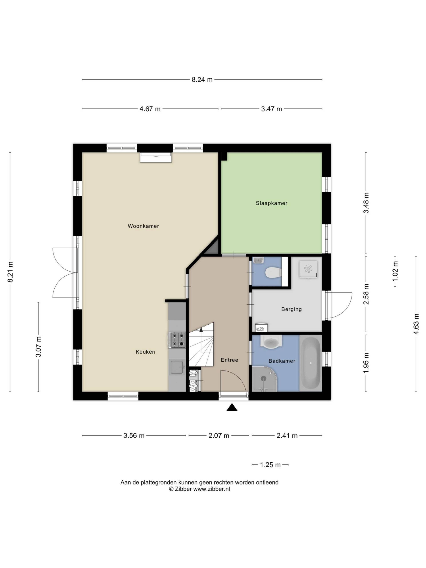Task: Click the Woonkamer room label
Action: [x=143, y=226]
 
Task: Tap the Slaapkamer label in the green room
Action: [x=271, y=203]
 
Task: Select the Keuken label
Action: [x=145, y=352]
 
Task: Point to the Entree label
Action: [x=229, y=360]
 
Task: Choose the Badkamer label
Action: [x=282, y=361]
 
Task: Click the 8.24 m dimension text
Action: [x=202, y=80]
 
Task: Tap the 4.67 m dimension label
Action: [x=150, y=109]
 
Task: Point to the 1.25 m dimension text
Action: [x=270, y=465]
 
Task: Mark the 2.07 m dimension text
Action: [x=219, y=436]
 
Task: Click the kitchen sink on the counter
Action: [x=177, y=368]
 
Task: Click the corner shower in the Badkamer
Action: [x=264, y=379]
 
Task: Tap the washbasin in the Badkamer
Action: [x=271, y=341]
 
